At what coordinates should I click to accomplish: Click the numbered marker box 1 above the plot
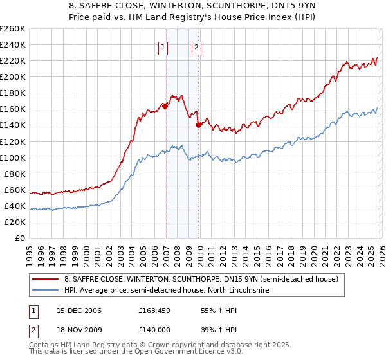pos(163,46)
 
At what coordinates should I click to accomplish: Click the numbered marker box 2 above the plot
pos(196,46)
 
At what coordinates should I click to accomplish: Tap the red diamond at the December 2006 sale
pos(165,106)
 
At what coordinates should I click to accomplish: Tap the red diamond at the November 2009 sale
pos(199,125)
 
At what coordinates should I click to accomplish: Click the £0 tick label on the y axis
pos(21,238)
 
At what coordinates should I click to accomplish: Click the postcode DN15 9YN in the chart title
pos(273,7)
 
